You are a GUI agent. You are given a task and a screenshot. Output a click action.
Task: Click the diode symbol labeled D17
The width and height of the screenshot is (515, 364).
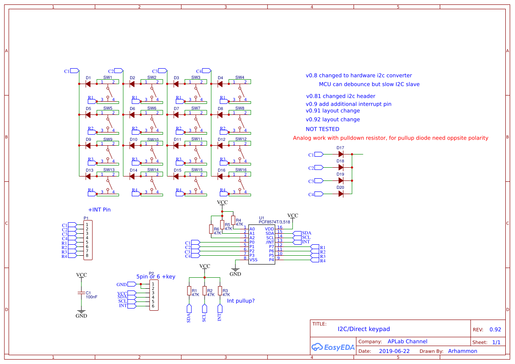(x=340, y=154)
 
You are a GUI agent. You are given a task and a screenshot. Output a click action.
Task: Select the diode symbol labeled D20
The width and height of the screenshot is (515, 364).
(x=340, y=194)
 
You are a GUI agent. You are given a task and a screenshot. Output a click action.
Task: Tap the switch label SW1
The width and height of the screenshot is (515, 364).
(x=108, y=77)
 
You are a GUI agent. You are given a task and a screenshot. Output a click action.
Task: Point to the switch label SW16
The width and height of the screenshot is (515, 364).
(x=240, y=170)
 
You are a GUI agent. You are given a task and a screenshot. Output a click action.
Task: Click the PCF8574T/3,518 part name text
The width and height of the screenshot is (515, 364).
(x=274, y=222)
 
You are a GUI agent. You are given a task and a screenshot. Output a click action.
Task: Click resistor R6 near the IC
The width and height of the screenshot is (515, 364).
(x=211, y=229)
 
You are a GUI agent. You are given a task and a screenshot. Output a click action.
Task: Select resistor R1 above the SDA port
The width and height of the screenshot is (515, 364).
(x=189, y=291)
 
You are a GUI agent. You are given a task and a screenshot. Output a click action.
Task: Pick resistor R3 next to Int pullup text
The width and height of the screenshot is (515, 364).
(x=219, y=291)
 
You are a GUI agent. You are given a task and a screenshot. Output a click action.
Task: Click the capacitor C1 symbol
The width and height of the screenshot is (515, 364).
(x=81, y=293)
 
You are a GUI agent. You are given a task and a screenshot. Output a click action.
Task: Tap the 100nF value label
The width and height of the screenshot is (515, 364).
(x=91, y=297)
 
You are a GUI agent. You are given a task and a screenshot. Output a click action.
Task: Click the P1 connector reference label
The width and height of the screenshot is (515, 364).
(x=86, y=218)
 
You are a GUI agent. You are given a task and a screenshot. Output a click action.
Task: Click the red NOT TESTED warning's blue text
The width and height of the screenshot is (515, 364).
(x=322, y=129)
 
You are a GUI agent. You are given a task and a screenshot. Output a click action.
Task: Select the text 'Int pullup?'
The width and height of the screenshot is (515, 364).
(x=241, y=301)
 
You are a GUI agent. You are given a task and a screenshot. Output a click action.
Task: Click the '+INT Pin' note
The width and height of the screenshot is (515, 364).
(x=99, y=210)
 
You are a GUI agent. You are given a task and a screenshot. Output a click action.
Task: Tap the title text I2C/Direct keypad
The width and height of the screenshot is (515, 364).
(x=363, y=329)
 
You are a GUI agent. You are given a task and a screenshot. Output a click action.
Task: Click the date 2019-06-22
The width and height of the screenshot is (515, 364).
(x=394, y=351)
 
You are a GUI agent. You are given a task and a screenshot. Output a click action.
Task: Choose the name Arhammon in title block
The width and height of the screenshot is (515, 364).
(x=462, y=351)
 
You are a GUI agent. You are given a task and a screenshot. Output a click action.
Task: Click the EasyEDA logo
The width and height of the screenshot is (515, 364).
(x=333, y=347)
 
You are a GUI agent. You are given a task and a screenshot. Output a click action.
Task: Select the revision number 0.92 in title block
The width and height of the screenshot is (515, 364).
(x=495, y=330)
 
